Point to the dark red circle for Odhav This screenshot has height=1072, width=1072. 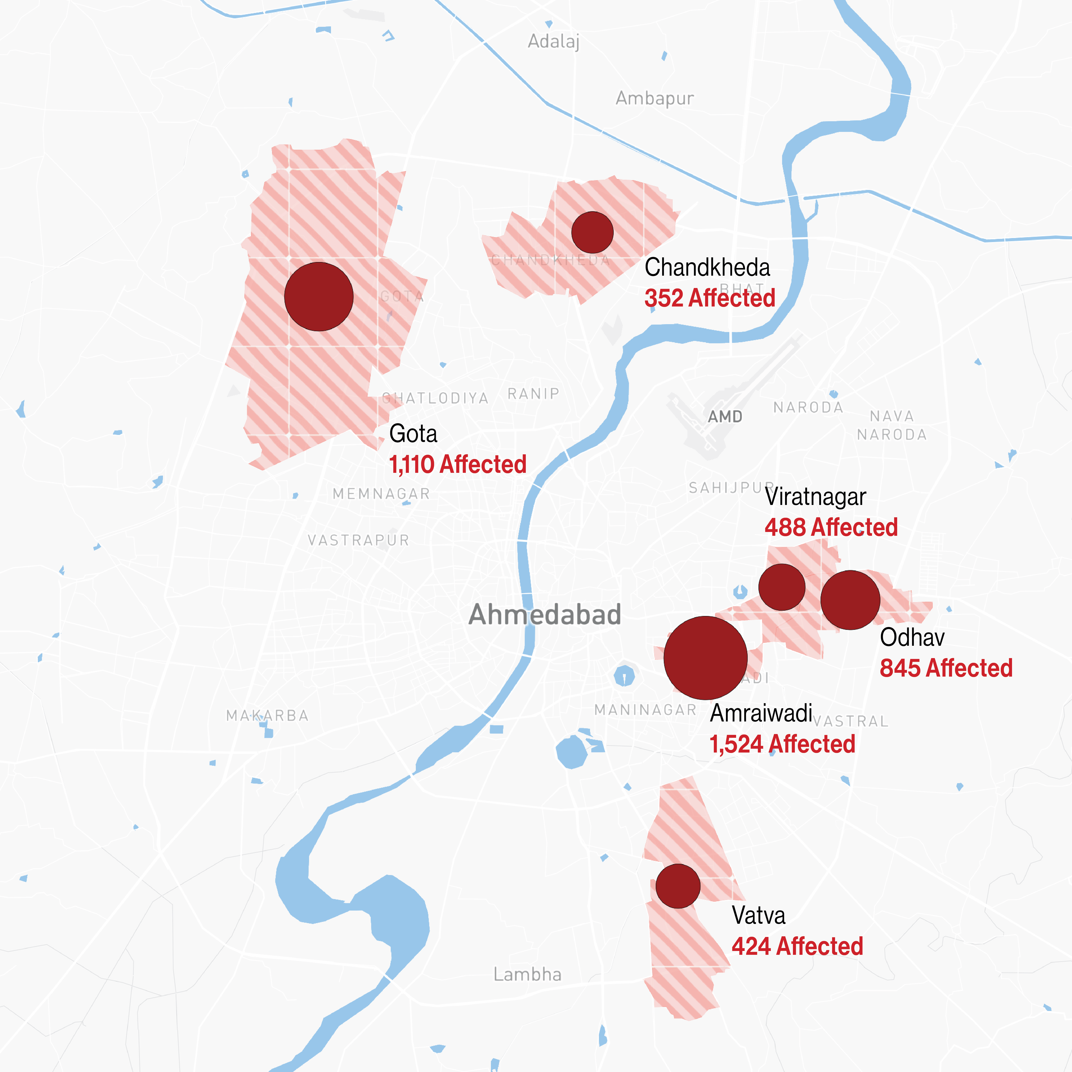click(850, 600)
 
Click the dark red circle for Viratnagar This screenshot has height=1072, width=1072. click(782, 587)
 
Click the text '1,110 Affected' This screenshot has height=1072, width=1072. click(458, 464)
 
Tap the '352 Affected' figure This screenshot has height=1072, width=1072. click(710, 298)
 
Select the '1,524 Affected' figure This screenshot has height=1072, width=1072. click(782, 744)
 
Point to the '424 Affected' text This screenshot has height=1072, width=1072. click(797, 946)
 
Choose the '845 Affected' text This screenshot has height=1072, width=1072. click(946, 668)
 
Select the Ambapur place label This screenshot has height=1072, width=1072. click(655, 98)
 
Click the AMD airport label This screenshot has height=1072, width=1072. click(725, 417)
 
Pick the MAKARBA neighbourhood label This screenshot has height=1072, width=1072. click(267, 716)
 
